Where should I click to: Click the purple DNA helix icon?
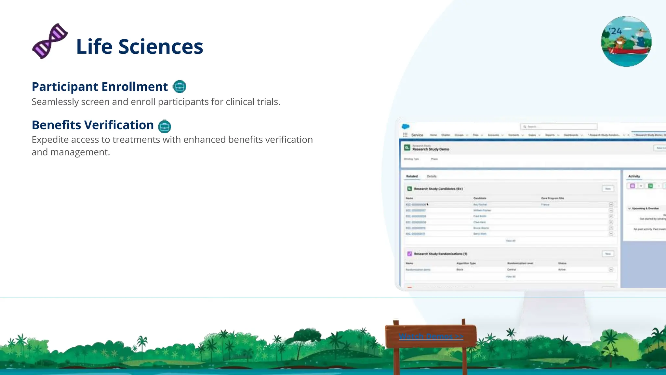pos(50,41)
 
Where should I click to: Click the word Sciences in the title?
pos(161,47)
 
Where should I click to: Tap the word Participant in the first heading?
pos(65,87)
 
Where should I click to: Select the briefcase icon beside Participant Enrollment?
pos(180,87)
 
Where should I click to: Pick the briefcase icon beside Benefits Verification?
pos(165,126)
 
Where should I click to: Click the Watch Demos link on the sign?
pos(431,336)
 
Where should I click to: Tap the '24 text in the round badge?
pos(615,31)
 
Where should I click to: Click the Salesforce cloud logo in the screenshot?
pos(406,127)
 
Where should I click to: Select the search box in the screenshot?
pos(559,127)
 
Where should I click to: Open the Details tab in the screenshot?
pos(432,176)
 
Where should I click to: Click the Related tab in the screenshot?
pos(412,176)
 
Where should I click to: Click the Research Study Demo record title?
pos(431,149)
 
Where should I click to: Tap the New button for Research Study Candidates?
pos(608,189)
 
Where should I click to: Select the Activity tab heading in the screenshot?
pos(634,176)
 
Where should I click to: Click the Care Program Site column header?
pos(553,198)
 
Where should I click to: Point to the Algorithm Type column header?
pos(466,263)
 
